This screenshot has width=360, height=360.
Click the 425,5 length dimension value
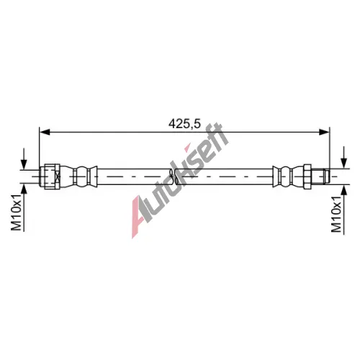tap(184, 124)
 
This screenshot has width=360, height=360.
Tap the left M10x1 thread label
tap(17, 212)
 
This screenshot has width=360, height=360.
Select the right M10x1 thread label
tap(336, 214)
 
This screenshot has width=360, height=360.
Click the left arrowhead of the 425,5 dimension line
tap(45, 132)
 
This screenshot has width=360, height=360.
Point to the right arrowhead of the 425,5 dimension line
tap(325, 132)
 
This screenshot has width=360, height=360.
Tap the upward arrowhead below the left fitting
tap(24, 189)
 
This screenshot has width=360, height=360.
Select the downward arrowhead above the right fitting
tap(344, 163)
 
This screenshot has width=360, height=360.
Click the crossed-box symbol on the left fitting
tap(58, 177)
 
